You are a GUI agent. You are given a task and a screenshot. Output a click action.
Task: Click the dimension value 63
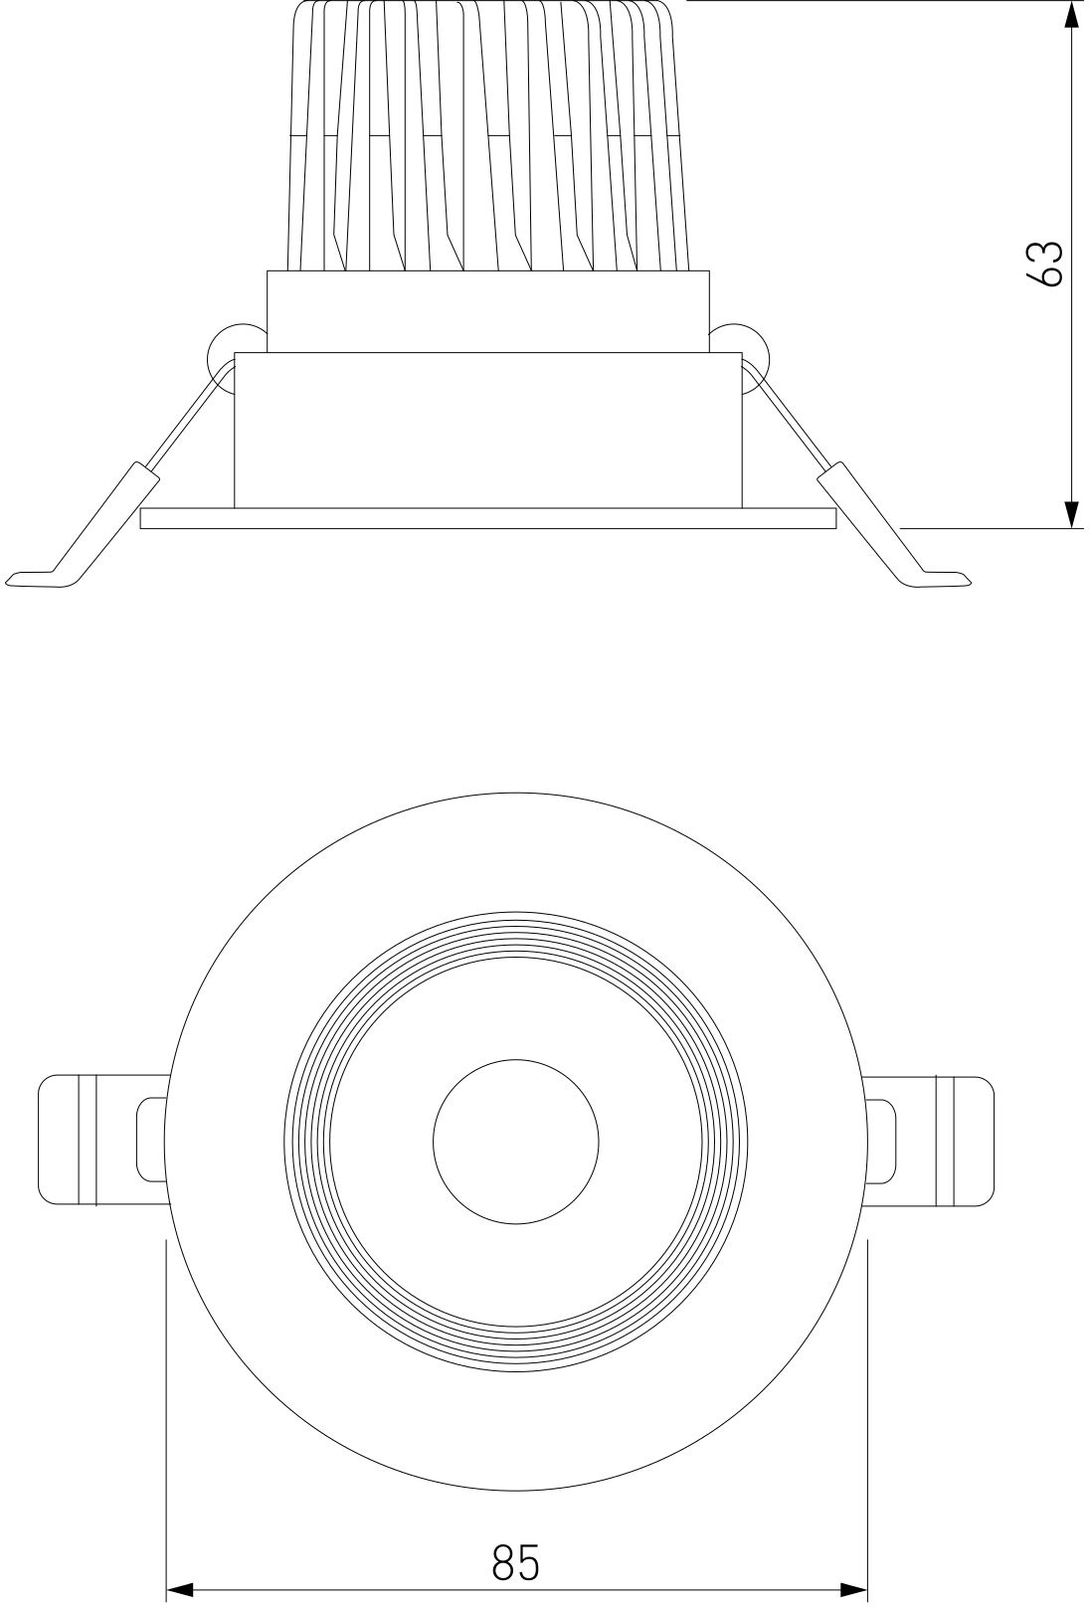click(x=1045, y=264)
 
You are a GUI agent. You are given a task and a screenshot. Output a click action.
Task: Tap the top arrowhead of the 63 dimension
click(x=1072, y=14)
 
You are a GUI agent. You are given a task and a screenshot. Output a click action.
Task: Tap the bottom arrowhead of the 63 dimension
click(x=1072, y=514)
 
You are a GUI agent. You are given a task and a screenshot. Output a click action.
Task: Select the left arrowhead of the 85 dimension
click(x=181, y=1588)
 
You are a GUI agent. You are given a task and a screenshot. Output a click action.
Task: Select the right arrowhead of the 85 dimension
click(x=853, y=1588)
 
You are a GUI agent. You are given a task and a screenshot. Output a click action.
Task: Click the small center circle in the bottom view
click(x=516, y=1142)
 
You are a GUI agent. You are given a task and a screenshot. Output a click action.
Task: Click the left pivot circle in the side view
click(x=236, y=357)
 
